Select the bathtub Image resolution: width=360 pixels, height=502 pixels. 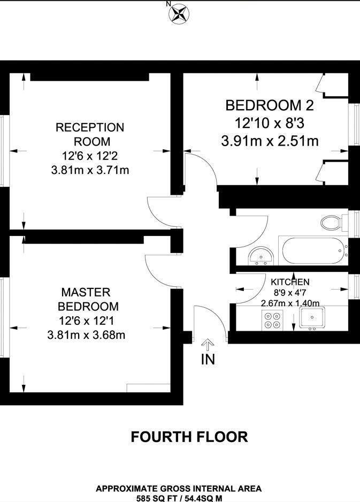(312, 250)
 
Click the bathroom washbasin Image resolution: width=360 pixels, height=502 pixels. (262, 256)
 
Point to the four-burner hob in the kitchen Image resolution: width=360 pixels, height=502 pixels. (272, 321)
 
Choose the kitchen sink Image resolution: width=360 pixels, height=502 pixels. (312, 318)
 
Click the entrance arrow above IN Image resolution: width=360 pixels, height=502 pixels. (208, 345)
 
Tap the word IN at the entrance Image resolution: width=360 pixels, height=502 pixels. (208, 359)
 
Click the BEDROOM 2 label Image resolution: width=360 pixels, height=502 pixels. (270, 105)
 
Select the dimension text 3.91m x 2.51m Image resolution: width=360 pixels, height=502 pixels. (270, 141)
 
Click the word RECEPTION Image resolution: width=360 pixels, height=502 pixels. (90, 127)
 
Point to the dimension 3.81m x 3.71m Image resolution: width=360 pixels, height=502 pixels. (90, 170)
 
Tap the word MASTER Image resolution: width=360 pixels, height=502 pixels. (86, 292)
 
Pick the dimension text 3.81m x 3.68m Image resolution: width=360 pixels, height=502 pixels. (86, 335)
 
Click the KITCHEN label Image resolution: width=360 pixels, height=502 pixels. (290, 282)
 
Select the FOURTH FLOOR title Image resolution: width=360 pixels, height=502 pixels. (189, 437)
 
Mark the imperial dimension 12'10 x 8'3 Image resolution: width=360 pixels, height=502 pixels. (270, 123)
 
